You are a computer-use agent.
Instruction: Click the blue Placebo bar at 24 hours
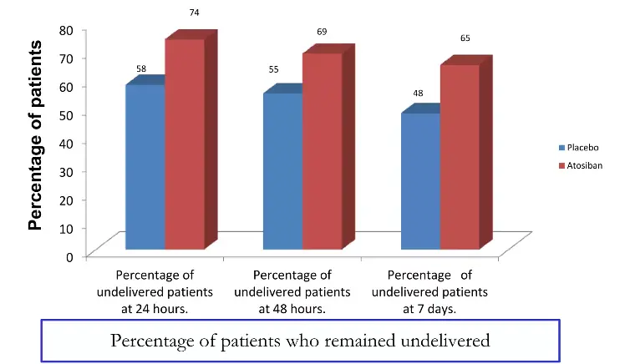[x=145, y=167]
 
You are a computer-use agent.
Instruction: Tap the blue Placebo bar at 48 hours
[x=282, y=171]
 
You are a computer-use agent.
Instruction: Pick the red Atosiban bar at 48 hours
[x=322, y=150]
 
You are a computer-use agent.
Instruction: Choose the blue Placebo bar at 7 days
[x=421, y=181]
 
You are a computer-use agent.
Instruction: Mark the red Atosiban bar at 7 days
[x=460, y=156]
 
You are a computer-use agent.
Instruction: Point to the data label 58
[x=142, y=68]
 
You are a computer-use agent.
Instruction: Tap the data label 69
[x=322, y=32]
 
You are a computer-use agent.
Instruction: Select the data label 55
[x=273, y=69]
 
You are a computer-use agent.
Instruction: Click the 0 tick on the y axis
[x=70, y=255]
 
